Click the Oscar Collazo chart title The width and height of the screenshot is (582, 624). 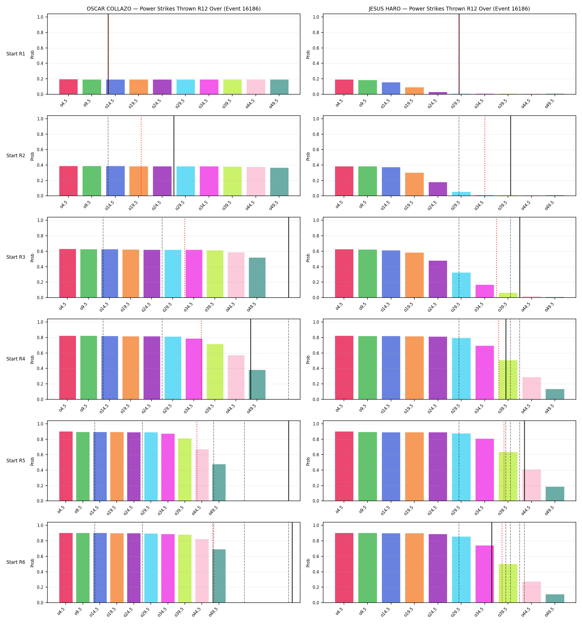tap(173, 9)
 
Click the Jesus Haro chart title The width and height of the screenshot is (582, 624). tap(449, 9)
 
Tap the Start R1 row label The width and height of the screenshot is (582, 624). tap(16, 54)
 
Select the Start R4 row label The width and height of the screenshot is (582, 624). tap(16, 359)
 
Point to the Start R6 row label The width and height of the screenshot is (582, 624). tap(16, 562)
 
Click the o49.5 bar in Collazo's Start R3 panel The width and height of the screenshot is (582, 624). tap(257, 278)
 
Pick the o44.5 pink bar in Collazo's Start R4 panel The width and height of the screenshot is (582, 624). tap(236, 377)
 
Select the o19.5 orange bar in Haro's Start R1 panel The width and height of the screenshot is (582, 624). tap(414, 91)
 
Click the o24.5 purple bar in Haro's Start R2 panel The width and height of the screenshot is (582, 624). tap(438, 189)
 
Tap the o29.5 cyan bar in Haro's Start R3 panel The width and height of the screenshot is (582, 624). tap(461, 285)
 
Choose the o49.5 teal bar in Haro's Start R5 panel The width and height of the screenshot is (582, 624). tap(555, 494)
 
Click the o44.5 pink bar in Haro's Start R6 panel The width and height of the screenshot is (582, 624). tap(532, 592)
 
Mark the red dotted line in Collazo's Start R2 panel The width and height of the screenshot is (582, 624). tap(141, 156)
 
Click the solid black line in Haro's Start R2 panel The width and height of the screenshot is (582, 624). tap(510, 156)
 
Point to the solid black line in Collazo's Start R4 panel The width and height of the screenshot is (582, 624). tap(251, 359)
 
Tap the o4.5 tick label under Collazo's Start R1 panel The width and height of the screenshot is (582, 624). tap(64, 103)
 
